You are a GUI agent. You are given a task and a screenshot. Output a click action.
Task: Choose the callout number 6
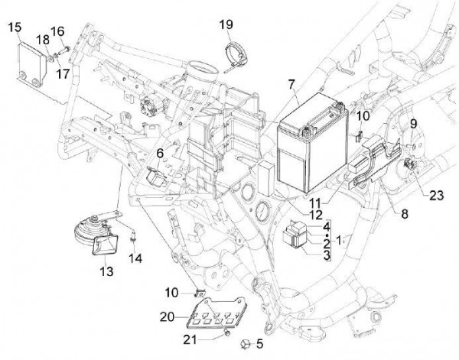(160, 154)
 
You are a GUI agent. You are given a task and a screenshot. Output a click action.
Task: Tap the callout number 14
(138, 258)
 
